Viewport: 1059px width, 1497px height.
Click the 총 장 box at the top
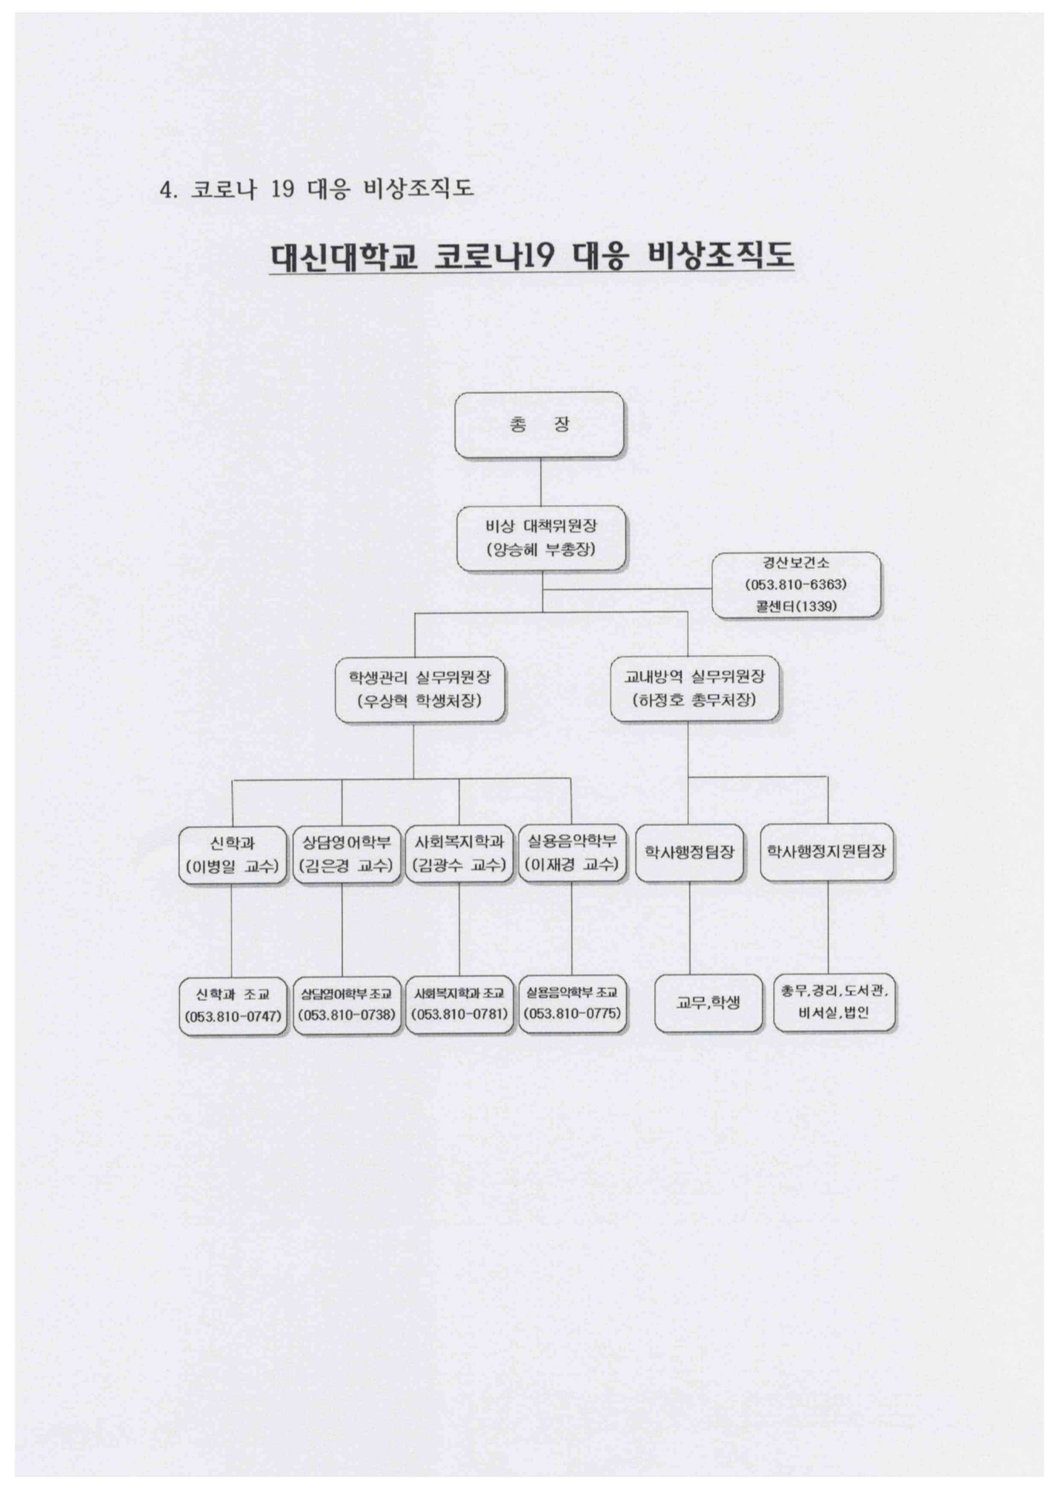538,424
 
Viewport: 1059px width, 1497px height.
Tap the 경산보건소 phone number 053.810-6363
796,584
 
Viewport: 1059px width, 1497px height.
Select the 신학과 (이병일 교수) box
233,854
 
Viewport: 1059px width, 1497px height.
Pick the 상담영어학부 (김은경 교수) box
346,854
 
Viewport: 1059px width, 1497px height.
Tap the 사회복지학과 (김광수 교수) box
459,854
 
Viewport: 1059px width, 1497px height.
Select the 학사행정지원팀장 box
826,852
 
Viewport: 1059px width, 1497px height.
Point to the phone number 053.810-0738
346,1015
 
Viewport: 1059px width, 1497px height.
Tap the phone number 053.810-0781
459,1015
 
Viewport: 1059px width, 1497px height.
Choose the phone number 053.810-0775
572,1014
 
